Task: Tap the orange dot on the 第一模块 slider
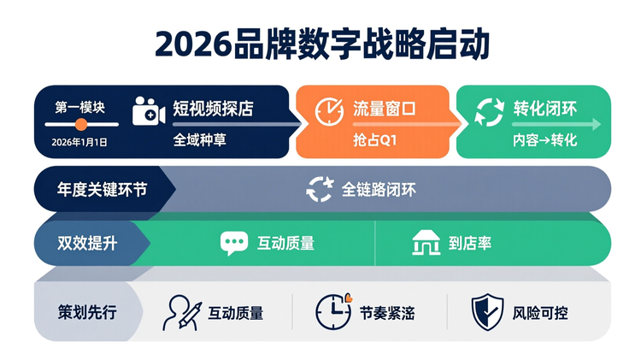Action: (81, 124)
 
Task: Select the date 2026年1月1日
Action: (79, 142)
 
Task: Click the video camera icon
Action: (147, 112)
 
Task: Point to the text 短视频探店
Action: (213, 109)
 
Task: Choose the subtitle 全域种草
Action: (199, 139)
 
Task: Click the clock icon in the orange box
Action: (329, 112)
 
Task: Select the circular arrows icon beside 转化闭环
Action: (490, 112)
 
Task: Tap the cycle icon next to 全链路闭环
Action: (320, 189)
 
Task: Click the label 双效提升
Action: (88, 243)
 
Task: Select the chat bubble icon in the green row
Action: (233, 243)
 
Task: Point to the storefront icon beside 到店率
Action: (425, 243)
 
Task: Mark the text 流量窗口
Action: (384, 109)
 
